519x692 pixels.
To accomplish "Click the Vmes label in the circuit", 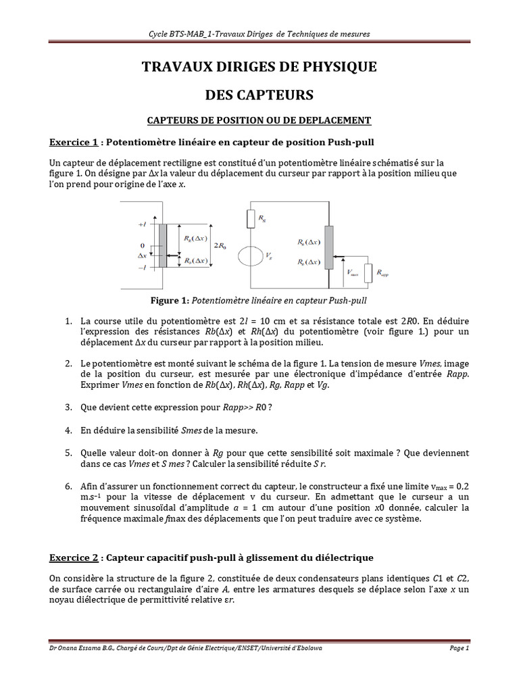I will (x=352, y=272).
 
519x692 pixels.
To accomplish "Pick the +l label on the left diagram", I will (x=142, y=224).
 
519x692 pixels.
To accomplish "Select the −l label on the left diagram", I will (x=142, y=268).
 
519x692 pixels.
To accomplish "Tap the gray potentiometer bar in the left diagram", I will (x=162, y=246).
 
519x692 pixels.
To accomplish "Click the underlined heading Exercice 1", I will (x=74, y=143).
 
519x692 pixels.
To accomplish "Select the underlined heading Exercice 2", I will (x=74, y=558).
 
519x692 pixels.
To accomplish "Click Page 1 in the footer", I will (x=458, y=648).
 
